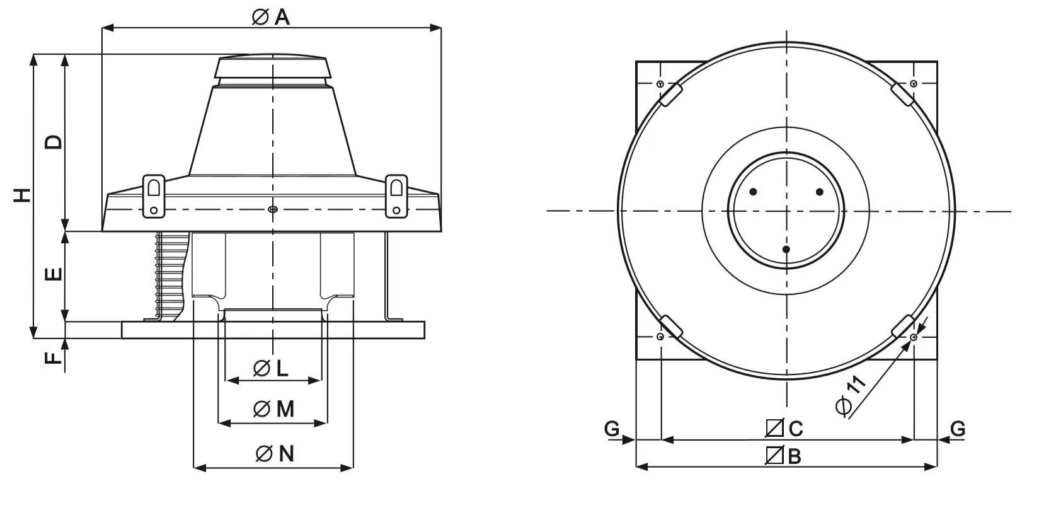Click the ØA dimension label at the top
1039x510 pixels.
click(x=271, y=17)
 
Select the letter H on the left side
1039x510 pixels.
click(x=22, y=195)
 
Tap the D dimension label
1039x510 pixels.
click(x=53, y=142)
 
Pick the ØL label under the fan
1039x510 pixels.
click(x=271, y=368)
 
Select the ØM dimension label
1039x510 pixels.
click(x=273, y=409)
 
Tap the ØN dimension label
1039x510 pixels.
click(x=275, y=453)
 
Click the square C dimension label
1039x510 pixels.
click(x=784, y=428)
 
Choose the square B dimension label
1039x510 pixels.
click(x=783, y=455)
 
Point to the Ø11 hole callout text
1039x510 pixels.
click(x=851, y=395)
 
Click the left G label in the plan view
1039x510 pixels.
click(x=612, y=428)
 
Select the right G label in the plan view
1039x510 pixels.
click(x=958, y=428)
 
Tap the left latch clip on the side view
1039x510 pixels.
click(x=154, y=196)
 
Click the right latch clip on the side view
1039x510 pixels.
click(x=396, y=196)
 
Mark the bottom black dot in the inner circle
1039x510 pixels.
click(x=786, y=250)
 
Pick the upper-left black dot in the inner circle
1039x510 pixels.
click(x=754, y=192)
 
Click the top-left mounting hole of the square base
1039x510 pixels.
click(x=660, y=84)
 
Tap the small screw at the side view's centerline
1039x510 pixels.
click(x=273, y=209)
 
